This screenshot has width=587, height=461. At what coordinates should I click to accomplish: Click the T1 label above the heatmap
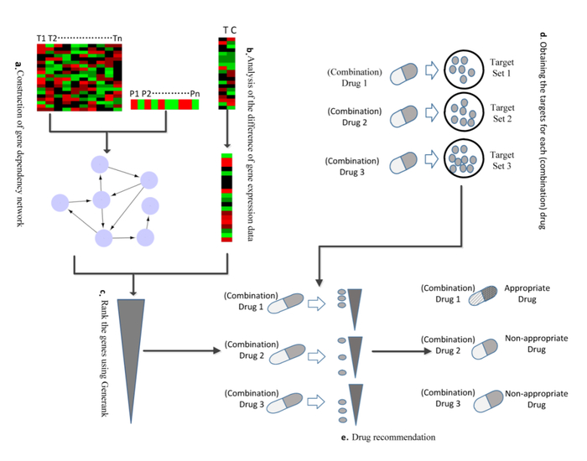[42, 39]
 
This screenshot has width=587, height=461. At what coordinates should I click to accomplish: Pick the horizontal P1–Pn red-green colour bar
[165, 105]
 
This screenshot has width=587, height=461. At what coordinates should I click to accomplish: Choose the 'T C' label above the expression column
[228, 30]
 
